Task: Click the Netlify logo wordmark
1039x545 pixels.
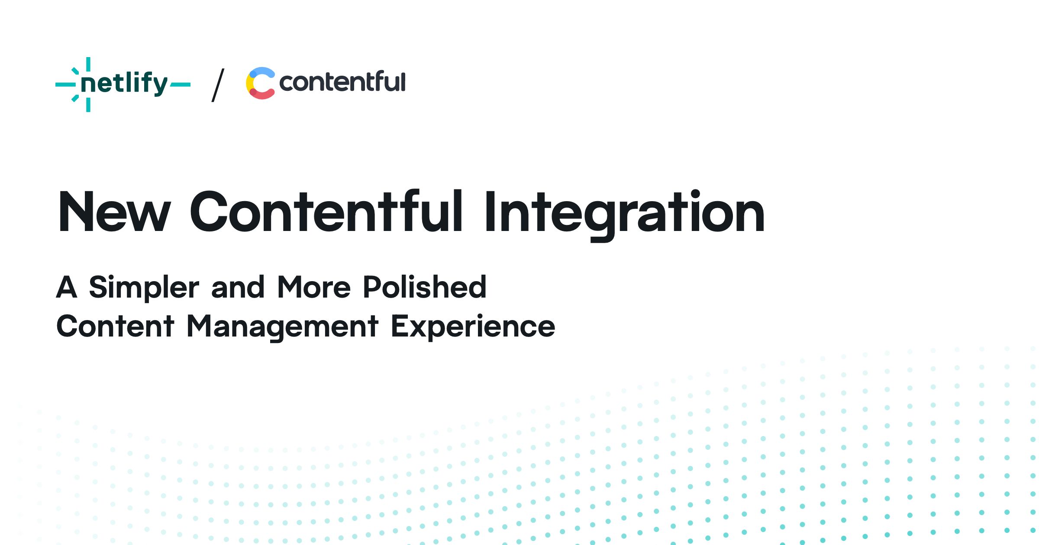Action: point(124,83)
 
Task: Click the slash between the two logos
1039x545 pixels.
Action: point(218,85)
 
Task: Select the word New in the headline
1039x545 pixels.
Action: point(114,212)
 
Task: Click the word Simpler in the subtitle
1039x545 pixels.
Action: point(144,288)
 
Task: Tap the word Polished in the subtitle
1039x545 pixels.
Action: point(425,287)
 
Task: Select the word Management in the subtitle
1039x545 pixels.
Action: point(282,327)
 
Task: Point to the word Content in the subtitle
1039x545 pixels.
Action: point(115,326)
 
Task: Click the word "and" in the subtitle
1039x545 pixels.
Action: point(238,287)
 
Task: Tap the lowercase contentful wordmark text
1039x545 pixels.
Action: point(342,82)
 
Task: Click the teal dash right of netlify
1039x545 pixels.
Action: point(180,85)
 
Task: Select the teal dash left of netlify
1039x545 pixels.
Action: point(66,85)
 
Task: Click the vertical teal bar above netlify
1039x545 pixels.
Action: point(88,64)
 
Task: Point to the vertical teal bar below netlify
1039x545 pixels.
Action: point(88,105)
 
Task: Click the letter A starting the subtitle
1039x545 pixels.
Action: point(67,287)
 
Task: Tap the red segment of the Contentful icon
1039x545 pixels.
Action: point(262,93)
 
